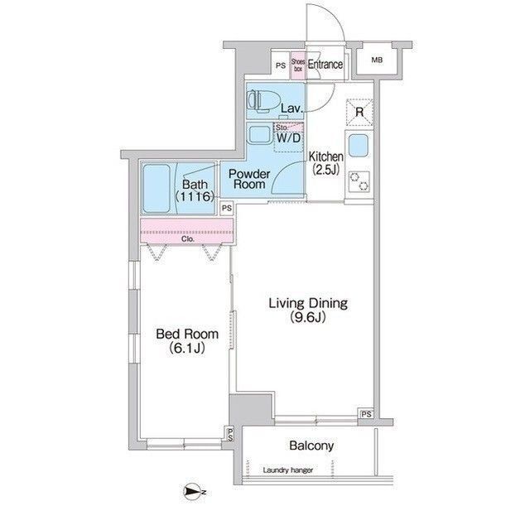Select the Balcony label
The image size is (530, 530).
coord(311,446)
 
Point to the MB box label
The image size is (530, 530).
coord(377,60)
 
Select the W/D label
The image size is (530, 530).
coord(290,138)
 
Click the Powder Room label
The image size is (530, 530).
coord(249,178)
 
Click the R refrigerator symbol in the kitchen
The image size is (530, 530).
coord(360,111)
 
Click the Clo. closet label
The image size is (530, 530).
coord(187,241)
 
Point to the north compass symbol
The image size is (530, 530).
coord(192,492)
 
